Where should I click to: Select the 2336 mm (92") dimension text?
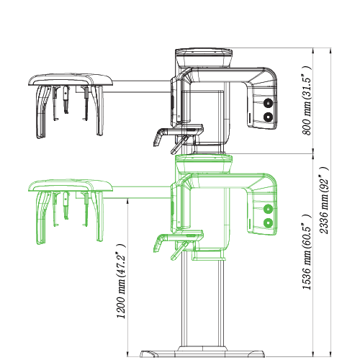coord(324,200)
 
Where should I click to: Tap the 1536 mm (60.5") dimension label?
coord(307,252)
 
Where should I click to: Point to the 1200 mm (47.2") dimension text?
coord(121,282)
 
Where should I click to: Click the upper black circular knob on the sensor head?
coord(268,103)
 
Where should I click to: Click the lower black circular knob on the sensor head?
coord(268,117)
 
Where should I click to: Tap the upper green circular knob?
coord(268,209)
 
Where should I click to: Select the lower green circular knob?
coord(268,223)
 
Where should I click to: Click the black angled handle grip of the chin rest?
coord(158,138)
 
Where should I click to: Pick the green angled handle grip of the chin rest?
coord(158,243)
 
